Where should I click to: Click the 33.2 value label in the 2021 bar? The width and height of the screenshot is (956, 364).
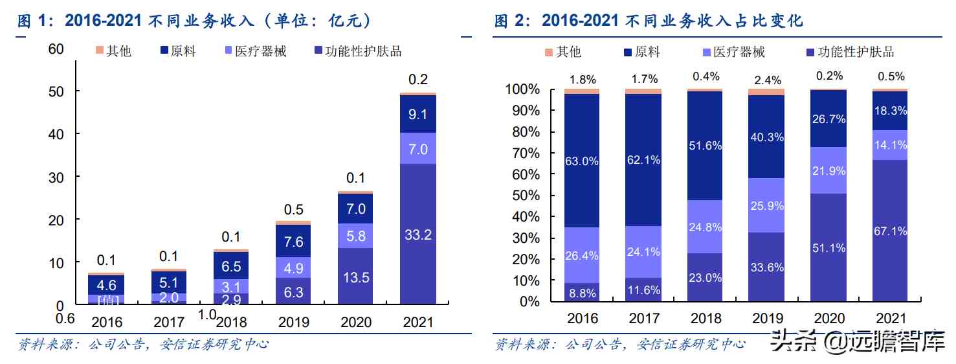(x=418, y=235)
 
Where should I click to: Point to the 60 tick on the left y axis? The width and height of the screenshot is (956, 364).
(x=56, y=49)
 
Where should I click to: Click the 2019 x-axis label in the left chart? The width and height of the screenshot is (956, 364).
(x=293, y=322)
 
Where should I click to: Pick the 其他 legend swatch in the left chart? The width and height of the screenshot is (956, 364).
(x=99, y=51)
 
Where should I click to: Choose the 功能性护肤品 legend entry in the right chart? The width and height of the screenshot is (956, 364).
(x=849, y=52)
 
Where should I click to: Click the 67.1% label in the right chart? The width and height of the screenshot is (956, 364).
(x=890, y=231)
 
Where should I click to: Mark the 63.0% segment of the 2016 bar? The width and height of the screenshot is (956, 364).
(x=581, y=161)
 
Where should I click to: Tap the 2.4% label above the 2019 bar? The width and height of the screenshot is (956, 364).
(x=766, y=80)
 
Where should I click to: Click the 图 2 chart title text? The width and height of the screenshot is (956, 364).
(x=649, y=21)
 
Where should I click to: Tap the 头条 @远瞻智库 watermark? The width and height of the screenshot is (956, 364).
(x=858, y=342)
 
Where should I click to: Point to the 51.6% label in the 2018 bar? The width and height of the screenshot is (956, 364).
(x=705, y=146)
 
